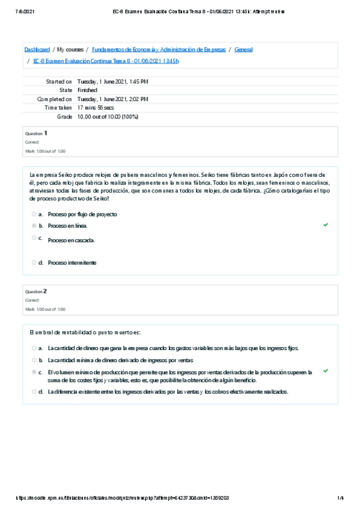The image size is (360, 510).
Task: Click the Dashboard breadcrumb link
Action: [37, 49]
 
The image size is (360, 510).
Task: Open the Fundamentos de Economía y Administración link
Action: [159, 49]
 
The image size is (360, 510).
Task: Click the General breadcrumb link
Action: [243, 49]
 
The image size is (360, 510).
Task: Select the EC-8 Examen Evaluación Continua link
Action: [106, 61]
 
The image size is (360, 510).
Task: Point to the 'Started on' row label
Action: [59, 81]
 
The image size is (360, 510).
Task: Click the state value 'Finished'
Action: [87, 90]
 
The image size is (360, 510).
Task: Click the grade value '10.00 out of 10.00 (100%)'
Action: [108, 117]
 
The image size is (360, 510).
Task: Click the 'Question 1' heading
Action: [36, 133]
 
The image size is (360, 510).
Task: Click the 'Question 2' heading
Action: [36, 291]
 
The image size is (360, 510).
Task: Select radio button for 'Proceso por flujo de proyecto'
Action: [34, 214]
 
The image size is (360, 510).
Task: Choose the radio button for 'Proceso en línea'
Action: [34, 226]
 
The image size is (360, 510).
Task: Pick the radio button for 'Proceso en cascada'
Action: [34, 238]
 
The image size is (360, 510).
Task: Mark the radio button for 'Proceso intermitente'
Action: [34, 262]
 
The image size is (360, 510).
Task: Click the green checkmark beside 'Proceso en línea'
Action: [326, 224]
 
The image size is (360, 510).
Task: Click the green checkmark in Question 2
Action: [326, 371]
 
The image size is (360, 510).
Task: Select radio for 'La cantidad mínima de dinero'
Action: [34, 360]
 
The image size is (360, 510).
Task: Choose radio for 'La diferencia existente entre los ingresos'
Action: [34, 392]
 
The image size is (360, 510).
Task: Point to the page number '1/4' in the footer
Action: [340, 498]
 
